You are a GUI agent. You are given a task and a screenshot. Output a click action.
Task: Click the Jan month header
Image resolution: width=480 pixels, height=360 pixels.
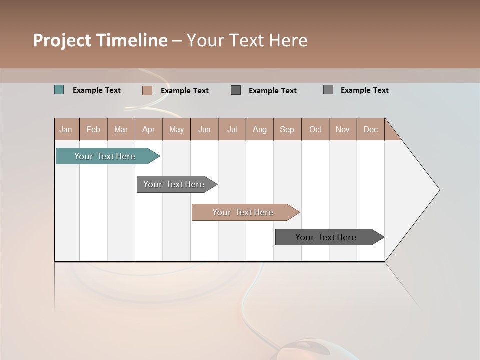click(x=66, y=129)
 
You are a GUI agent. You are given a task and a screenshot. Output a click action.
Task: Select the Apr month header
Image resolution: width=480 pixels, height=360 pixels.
click(x=149, y=129)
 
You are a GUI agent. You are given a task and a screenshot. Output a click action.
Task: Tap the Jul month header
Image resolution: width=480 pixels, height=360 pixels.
click(x=232, y=129)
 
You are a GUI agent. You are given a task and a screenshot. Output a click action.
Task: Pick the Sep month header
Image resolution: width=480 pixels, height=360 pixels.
click(x=287, y=129)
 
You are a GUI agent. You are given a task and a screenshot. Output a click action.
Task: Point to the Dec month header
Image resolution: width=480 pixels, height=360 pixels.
click(x=370, y=129)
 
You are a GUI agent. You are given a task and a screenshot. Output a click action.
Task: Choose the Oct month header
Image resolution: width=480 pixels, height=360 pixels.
click(x=315, y=129)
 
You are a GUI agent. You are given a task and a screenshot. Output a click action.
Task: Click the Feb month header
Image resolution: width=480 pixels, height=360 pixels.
click(x=93, y=129)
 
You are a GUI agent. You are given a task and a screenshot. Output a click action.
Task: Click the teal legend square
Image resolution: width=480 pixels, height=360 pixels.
click(x=59, y=90)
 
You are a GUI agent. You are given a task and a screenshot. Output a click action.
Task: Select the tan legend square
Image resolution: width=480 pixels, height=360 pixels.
click(x=147, y=90)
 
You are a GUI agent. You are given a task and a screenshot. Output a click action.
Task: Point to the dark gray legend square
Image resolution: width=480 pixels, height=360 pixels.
click(x=236, y=90)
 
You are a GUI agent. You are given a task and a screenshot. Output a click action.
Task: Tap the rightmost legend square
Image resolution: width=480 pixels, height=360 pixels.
click(x=328, y=90)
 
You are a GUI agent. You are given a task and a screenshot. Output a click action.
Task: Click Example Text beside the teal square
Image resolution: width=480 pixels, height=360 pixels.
click(x=97, y=90)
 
